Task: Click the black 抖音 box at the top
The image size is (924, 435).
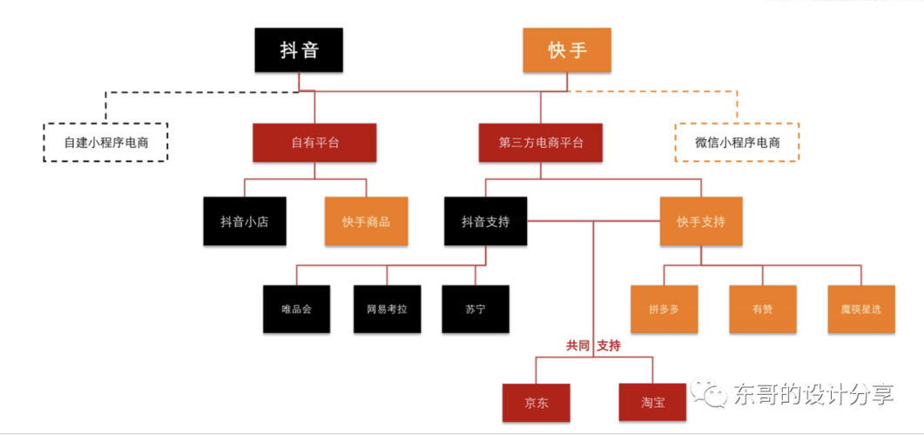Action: (299, 50)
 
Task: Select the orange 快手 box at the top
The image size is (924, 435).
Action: (567, 50)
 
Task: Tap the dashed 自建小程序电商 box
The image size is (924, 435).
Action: (105, 142)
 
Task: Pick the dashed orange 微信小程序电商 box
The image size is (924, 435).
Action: (737, 142)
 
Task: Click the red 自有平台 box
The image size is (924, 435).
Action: (314, 142)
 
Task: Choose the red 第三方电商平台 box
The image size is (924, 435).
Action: (541, 142)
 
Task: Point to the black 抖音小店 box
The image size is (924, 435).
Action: (244, 221)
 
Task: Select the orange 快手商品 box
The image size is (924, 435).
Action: (366, 221)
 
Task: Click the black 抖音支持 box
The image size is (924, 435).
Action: (485, 221)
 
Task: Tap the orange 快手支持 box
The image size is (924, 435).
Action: (700, 221)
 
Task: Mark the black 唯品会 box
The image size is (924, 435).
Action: (297, 309)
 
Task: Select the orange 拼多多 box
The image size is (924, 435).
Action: (664, 309)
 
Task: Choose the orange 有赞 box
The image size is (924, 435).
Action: (762, 309)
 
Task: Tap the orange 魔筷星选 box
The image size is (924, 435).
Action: (860, 309)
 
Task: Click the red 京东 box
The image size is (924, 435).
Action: (536, 403)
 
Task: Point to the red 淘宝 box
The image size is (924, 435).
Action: (652, 403)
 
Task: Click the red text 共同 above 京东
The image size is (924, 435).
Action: (577, 345)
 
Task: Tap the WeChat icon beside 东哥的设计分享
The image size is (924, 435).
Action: (708, 394)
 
